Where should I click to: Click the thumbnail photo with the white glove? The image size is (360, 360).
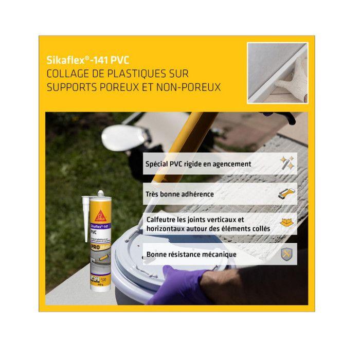coord(277,72)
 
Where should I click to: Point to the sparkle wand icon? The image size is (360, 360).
coord(286,164)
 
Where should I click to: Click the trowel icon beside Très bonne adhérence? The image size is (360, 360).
coord(286,194)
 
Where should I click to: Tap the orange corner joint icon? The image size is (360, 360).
coord(286,224)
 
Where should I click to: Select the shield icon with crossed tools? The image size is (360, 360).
coord(286,254)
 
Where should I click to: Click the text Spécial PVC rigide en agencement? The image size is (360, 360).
coord(199,164)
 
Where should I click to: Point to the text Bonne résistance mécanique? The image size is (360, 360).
coord(191,254)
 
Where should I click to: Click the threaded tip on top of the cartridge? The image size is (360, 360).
coord(101,195)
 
